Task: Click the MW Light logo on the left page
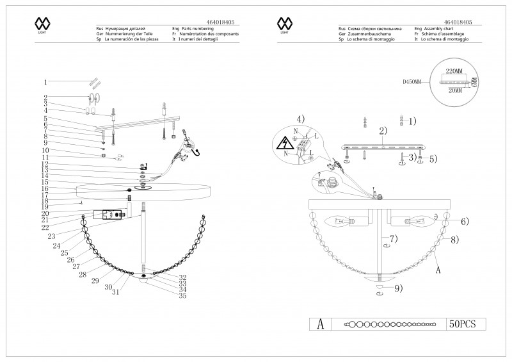(42, 25)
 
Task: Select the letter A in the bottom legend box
(321, 324)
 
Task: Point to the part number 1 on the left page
(45, 82)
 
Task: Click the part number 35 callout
(182, 296)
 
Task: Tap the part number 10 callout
(45, 151)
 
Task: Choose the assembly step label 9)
(398, 289)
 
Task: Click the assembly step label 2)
(383, 131)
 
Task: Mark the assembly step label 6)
(464, 222)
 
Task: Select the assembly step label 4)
(301, 119)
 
